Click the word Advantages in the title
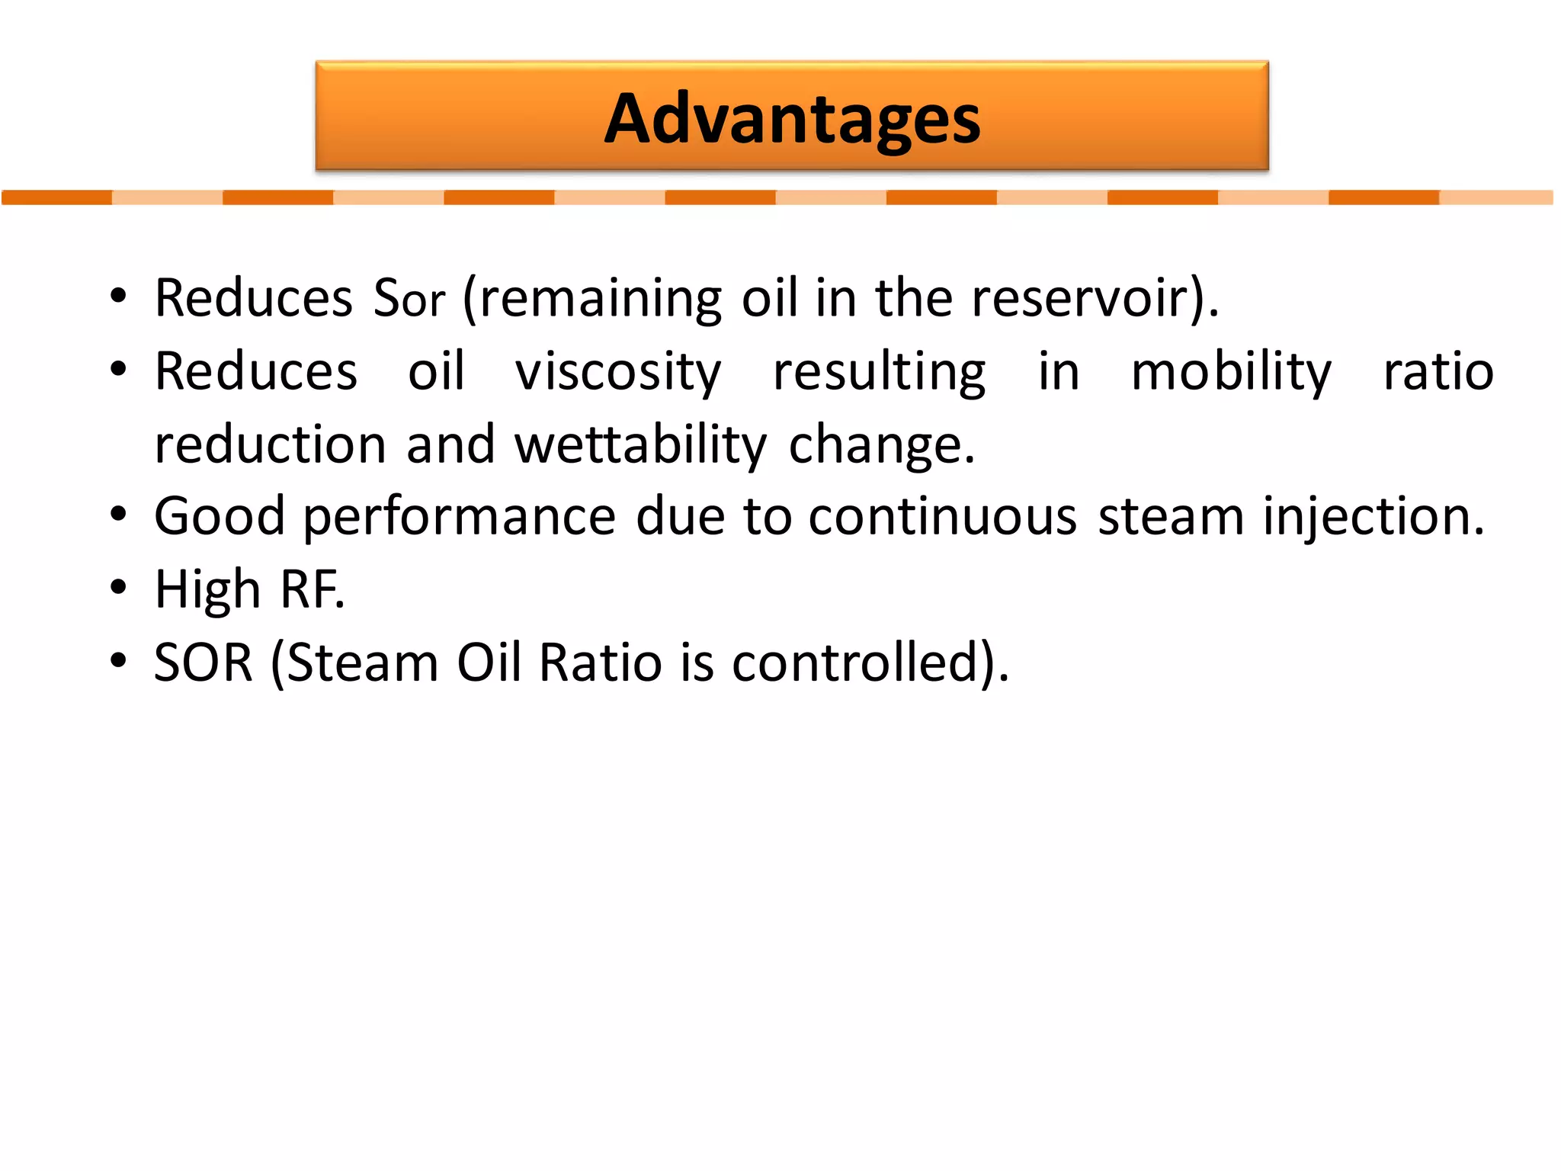tap(792, 119)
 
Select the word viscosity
tap(618, 372)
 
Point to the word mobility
tap(1231, 372)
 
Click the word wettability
tap(640, 445)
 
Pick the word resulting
tap(880, 372)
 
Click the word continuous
tap(942, 517)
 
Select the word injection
tap(1373, 517)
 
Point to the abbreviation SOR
tap(204, 662)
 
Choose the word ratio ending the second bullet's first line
tap(1438, 372)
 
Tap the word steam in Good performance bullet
tap(1171, 517)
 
